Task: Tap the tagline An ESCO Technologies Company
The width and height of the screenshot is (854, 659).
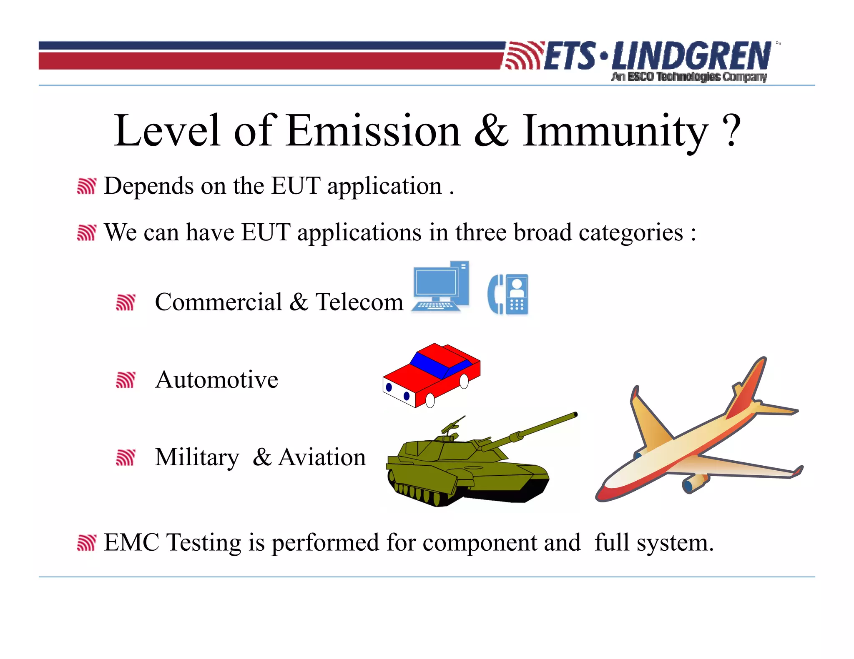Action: [689, 77]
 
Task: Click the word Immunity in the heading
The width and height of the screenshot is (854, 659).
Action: [615, 131]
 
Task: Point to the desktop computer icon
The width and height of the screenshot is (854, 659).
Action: [440, 287]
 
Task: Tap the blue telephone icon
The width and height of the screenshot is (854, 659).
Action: [508, 294]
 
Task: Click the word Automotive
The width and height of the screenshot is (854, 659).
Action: [216, 379]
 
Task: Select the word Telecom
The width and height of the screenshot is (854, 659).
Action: [359, 302]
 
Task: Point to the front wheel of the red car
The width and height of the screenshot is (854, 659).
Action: [430, 401]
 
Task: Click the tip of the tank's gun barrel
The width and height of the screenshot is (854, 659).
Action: [575, 414]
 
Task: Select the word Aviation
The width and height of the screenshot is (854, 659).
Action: [322, 457]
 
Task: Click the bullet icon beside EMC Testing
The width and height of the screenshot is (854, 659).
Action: [87, 543]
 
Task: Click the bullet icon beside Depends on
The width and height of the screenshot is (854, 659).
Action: [87, 186]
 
